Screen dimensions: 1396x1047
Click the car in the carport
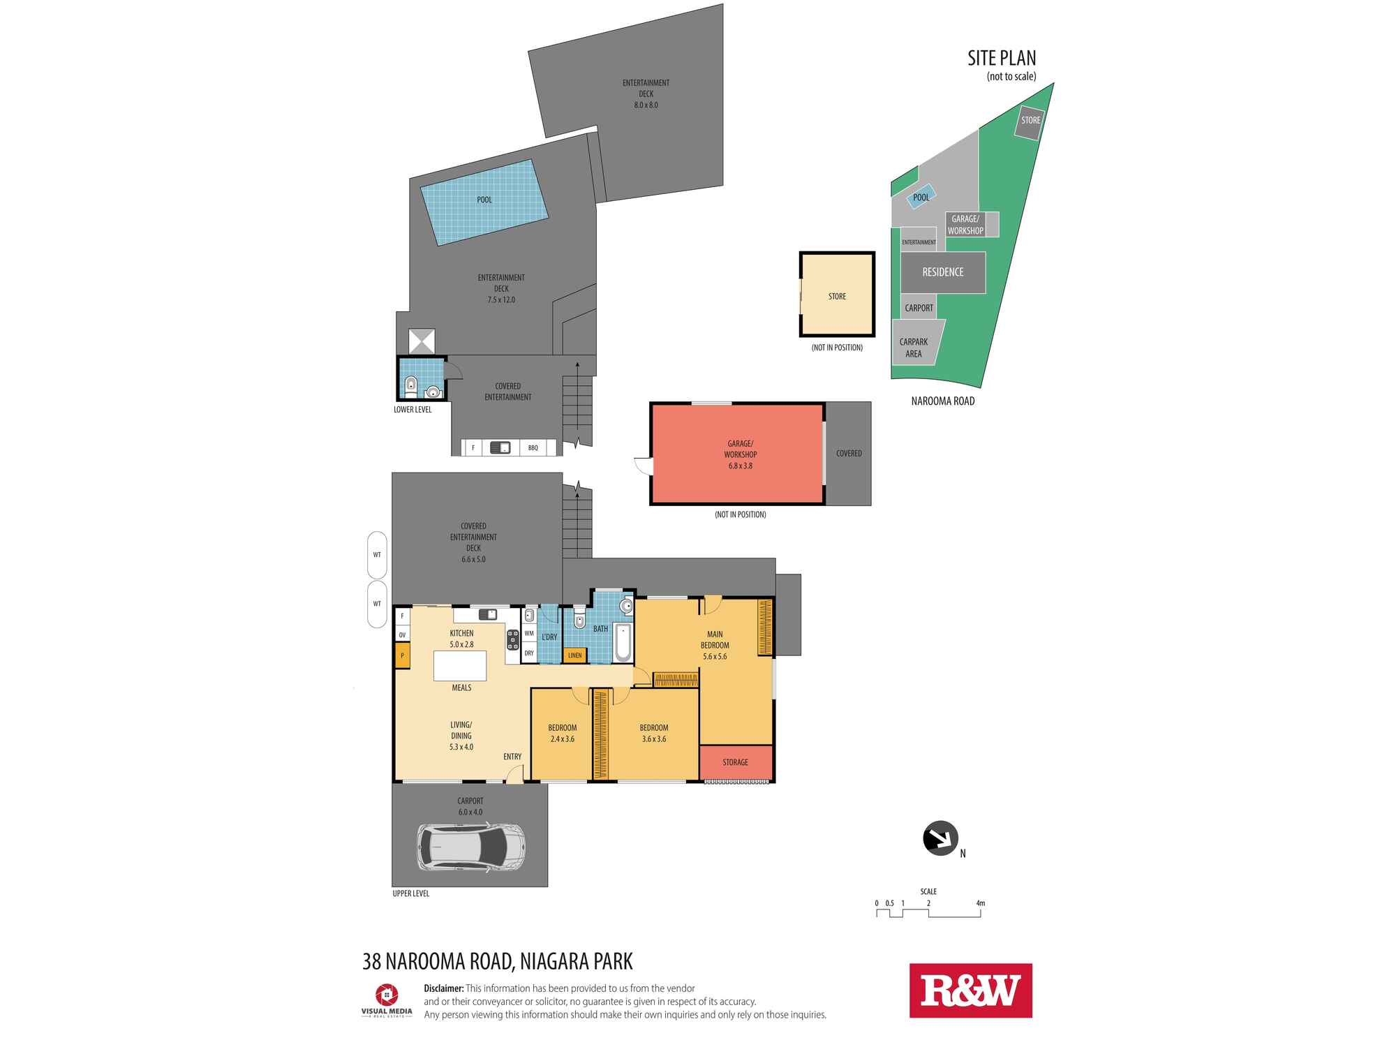click(x=471, y=847)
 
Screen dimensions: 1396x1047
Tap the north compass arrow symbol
click(x=940, y=838)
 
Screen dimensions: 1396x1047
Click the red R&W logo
click(x=970, y=990)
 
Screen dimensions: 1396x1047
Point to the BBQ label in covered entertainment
click(x=533, y=448)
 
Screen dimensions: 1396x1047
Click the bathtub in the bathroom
click(x=623, y=643)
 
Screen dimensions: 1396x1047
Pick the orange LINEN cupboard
click(x=574, y=655)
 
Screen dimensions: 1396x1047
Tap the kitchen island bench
click(x=460, y=665)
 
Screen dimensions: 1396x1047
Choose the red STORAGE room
click(x=736, y=763)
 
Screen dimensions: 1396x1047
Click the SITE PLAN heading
click(x=1002, y=58)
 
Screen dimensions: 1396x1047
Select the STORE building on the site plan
click(x=1030, y=121)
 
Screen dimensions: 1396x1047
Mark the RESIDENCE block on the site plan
click(x=943, y=272)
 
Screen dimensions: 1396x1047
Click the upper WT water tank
click(x=377, y=555)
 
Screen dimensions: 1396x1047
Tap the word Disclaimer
click(x=444, y=988)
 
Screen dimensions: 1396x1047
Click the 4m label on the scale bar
click(x=981, y=903)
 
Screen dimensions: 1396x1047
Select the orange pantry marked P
click(x=402, y=656)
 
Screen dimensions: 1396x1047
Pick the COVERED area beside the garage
click(x=849, y=454)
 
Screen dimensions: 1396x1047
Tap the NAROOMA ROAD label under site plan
click(x=943, y=401)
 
